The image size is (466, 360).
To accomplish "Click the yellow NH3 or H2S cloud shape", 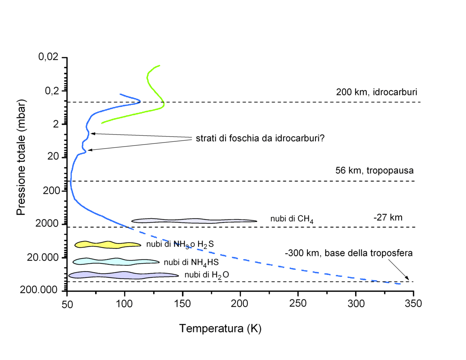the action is [x=108, y=245].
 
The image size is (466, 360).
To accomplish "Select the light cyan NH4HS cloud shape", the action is [x=116, y=261].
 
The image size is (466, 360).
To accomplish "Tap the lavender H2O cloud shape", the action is [x=123, y=275].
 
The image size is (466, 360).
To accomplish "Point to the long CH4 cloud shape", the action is [x=194, y=221].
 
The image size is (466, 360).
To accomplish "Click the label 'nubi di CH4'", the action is [x=292, y=219].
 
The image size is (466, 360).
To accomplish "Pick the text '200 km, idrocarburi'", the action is [x=377, y=92].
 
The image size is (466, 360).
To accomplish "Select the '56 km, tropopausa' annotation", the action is [x=374, y=170].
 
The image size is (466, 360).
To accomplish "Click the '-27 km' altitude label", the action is [x=388, y=217].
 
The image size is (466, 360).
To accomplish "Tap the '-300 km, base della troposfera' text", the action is [x=349, y=253].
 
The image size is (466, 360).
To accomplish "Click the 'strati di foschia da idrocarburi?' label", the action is [x=260, y=138].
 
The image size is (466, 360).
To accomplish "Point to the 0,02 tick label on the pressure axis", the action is [x=48, y=56].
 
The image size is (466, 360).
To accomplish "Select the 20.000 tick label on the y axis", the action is [x=43, y=257].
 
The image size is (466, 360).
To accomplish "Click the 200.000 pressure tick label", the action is [x=39, y=290].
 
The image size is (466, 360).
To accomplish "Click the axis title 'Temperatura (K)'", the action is [x=220, y=328].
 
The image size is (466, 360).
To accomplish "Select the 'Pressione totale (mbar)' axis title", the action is [x=21, y=157].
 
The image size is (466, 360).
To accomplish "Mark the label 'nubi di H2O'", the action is [x=207, y=275].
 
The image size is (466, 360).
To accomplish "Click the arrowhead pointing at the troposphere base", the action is [x=408, y=279].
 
